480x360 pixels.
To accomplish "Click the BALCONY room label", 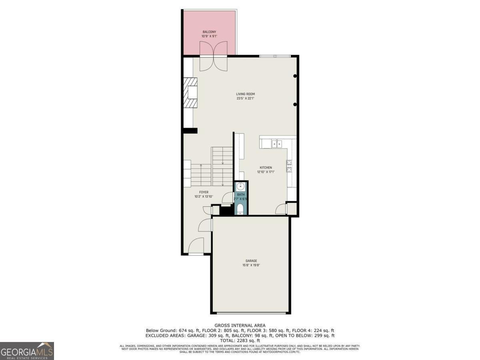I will (x=209, y=32).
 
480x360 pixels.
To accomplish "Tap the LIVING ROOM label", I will (x=245, y=94).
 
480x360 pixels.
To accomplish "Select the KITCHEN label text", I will (x=266, y=168).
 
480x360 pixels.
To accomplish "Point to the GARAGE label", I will (x=251, y=261).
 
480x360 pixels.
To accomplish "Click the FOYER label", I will (x=204, y=192).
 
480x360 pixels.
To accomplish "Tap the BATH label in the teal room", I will (x=240, y=195).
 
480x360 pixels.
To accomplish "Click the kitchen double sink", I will (x=276, y=144).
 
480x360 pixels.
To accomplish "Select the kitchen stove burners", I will (x=289, y=166).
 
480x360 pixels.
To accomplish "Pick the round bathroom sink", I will (x=240, y=186).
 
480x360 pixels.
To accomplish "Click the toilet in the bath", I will (x=240, y=210).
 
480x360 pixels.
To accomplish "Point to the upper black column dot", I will (x=295, y=76).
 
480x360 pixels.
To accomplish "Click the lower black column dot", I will (x=295, y=104).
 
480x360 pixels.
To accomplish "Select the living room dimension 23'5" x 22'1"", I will (x=245, y=98).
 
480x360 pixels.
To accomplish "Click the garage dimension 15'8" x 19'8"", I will (x=251, y=265).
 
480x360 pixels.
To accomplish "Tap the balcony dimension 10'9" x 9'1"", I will (x=209, y=36).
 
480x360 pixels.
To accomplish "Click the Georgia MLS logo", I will (x=27, y=351).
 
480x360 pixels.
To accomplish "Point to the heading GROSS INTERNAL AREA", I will (x=240, y=325).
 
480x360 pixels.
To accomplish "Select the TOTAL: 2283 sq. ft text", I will (x=240, y=340).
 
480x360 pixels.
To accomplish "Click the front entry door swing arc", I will (x=197, y=246).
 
